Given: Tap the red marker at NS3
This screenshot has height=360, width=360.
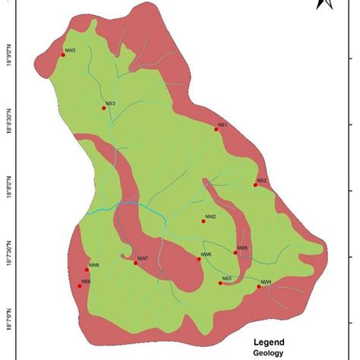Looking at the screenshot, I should [103, 109].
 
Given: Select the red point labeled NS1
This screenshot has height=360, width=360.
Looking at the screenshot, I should [216, 129].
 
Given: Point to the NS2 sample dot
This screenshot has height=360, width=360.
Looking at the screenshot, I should [256, 185].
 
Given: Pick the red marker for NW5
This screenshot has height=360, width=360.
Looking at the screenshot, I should [235, 252].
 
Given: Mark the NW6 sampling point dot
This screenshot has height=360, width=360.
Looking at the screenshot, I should [199, 259].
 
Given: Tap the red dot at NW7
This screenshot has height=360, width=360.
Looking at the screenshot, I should [135, 263].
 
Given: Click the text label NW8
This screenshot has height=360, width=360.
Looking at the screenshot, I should [94, 264].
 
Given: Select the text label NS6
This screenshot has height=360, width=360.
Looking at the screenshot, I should [86, 282].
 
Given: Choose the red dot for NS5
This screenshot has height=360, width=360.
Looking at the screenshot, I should [219, 283].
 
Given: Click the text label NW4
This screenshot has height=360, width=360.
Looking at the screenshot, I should [266, 283].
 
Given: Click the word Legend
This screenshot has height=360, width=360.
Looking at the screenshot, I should [269, 342].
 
